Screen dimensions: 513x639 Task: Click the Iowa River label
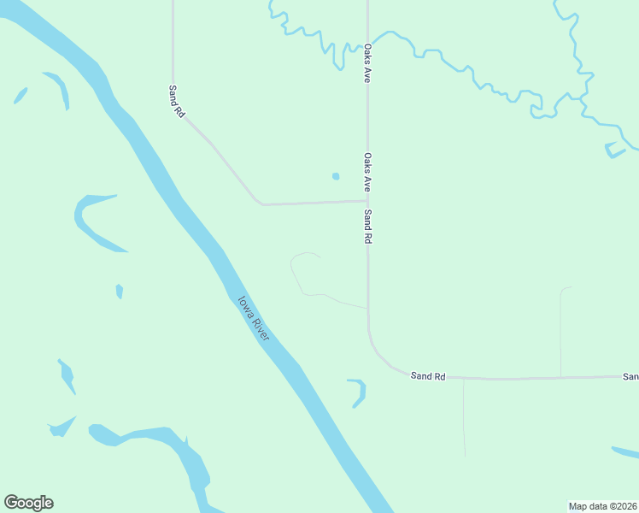click(x=254, y=319)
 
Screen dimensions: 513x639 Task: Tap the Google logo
click(x=28, y=503)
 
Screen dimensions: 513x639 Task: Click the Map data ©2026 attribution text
click(x=603, y=506)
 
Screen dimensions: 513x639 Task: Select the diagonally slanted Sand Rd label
click(x=177, y=101)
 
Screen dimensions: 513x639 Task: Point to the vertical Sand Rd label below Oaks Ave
click(x=367, y=227)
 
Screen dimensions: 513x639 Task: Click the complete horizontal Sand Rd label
click(x=428, y=376)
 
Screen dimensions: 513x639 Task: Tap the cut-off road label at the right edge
click(x=630, y=376)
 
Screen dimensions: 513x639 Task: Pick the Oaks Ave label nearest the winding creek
click(x=367, y=63)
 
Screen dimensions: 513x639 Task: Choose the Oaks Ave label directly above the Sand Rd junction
click(x=367, y=172)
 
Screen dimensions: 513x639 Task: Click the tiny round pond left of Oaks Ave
click(x=336, y=177)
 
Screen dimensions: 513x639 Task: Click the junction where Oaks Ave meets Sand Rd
click(x=367, y=202)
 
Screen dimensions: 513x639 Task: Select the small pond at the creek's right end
click(x=615, y=151)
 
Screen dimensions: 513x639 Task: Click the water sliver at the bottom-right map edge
click(x=626, y=452)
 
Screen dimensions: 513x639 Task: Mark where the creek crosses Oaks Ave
click(x=367, y=38)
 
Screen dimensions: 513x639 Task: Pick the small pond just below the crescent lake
click(x=120, y=292)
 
